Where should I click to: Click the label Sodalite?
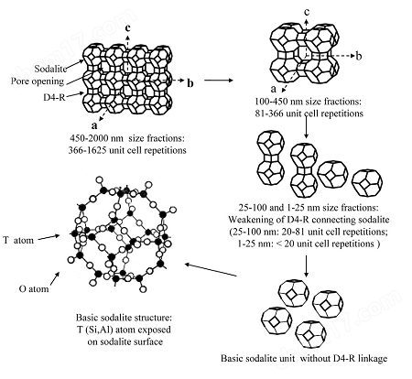pos(50,69)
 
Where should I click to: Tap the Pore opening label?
pos(38,81)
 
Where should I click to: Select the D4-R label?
pos(54,98)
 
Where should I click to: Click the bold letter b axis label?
pos(190,82)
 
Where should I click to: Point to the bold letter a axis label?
pos(94,125)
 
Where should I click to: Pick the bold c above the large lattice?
pos(128,27)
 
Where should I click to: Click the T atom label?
pos(18,240)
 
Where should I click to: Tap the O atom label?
pos(34,288)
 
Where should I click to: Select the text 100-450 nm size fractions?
pos(309,101)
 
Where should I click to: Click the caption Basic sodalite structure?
pos(124,318)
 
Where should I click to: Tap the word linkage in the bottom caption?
pos(372,358)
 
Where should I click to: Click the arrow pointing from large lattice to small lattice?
pos(219,81)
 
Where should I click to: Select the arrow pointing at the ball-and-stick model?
pos(211,270)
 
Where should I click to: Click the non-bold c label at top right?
pos(307,12)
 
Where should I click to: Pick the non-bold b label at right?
pos(359,56)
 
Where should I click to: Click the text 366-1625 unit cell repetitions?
pos(127,150)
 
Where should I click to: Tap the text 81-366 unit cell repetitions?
pos(309,114)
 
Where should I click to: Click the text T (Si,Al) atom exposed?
pos(124,330)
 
